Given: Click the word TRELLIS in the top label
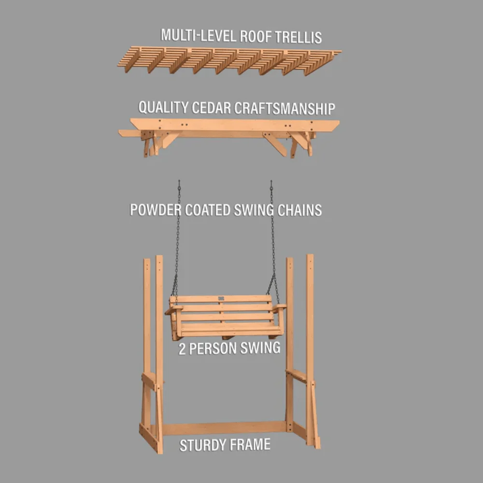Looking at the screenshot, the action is pyautogui.click(x=298, y=37).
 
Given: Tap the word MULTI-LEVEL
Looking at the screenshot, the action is pyautogui.click(x=199, y=35).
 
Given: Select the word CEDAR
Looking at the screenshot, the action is pyautogui.click(x=211, y=108).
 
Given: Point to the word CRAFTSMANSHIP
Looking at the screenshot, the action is pyautogui.click(x=284, y=108).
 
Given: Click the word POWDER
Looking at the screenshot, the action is pyautogui.click(x=156, y=210).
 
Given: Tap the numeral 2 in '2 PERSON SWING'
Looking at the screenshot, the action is pyautogui.click(x=182, y=349).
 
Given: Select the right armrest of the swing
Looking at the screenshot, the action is pyautogui.click(x=279, y=307).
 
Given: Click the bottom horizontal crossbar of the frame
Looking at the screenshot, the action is pyautogui.click(x=225, y=428).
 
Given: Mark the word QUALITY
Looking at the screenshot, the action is pyautogui.click(x=163, y=107).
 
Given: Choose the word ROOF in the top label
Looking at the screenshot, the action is pyautogui.click(x=256, y=36).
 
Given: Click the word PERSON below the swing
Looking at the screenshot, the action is pyautogui.click(x=212, y=349).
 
